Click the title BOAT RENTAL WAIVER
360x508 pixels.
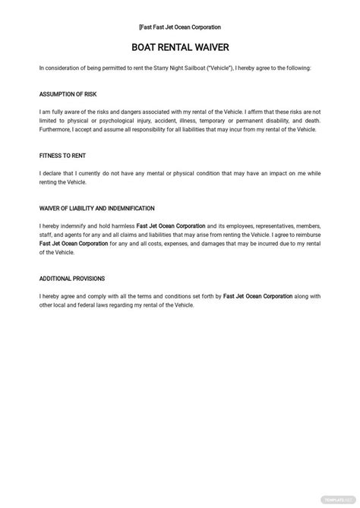[180, 47]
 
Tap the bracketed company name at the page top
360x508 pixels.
[179, 27]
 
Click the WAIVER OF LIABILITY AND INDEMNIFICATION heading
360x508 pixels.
[96, 208]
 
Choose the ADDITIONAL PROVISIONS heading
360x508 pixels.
[72, 279]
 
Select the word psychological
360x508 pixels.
[114, 121]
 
